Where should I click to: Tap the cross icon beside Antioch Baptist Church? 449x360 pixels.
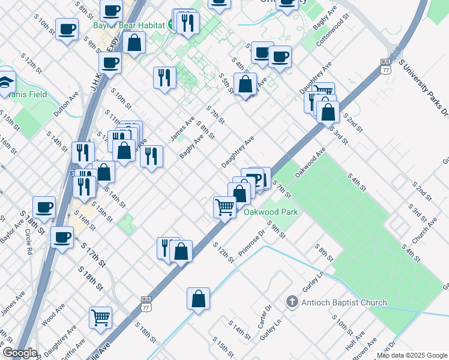click(x=292, y=302)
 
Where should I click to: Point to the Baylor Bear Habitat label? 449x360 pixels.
click(x=129, y=26)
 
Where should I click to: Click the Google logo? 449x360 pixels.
click(x=19, y=353)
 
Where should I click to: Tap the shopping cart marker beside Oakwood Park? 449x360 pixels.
click(x=225, y=208)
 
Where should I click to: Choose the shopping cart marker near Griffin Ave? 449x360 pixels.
click(x=100, y=318)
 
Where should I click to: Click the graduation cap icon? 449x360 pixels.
click(x=5, y=81)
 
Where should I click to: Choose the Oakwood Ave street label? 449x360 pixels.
click(x=310, y=162)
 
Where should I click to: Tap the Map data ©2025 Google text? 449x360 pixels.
click(x=411, y=355)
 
